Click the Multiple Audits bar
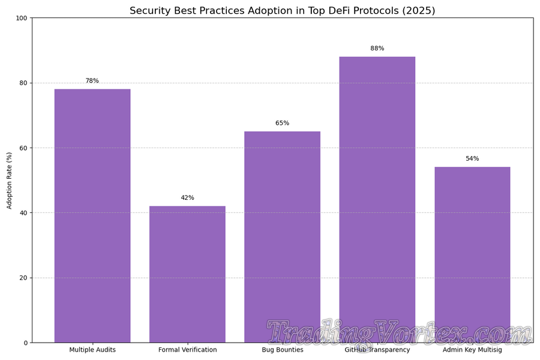[92, 216]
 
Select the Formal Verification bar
[187, 274]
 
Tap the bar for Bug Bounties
[282, 237]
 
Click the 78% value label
[92, 81]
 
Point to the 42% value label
[187, 198]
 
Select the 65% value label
[282, 123]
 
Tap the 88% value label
[377, 49]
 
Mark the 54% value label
[472, 159]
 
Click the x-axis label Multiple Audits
[92, 350]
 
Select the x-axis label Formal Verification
[187, 350]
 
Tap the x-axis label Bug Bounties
[282, 350]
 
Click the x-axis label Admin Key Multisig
[472, 350]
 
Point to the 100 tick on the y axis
[22, 18]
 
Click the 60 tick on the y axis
[23, 148]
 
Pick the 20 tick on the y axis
[23, 278]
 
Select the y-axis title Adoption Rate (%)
[9, 180]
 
